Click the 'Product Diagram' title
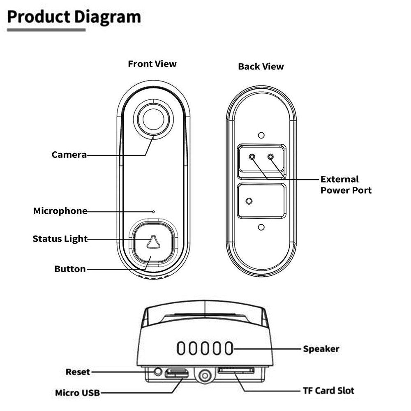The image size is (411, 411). click(x=74, y=17)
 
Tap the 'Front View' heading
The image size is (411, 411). click(x=152, y=64)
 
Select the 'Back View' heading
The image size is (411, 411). click(x=261, y=67)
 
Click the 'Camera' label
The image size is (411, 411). click(x=69, y=155)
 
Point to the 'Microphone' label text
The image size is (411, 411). click(x=60, y=211)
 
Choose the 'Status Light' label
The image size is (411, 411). click(x=60, y=239)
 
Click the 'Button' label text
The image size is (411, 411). click(x=70, y=269)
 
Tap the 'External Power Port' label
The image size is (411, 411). click(x=346, y=185)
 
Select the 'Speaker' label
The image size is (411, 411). click(x=321, y=349)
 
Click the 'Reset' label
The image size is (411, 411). click(x=78, y=372)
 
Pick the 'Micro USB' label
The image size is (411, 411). click(x=78, y=393)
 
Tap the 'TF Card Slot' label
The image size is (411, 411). click(x=328, y=390)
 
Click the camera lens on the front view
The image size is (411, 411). click(x=154, y=120)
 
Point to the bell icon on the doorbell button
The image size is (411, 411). click(x=153, y=242)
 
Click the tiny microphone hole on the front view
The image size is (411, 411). click(x=154, y=212)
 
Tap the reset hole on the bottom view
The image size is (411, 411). click(x=158, y=372)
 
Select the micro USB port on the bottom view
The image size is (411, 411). click(x=176, y=373)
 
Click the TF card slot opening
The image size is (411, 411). click(x=236, y=370)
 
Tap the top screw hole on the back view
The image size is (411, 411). click(x=261, y=135)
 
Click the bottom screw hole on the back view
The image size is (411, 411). click(x=261, y=227)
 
